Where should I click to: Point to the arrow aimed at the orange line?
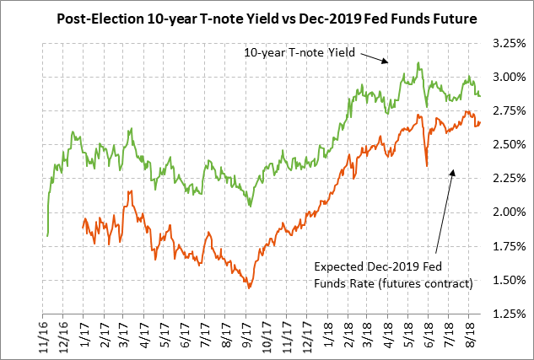click(445, 211)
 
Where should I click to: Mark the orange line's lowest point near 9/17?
click(249, 287)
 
